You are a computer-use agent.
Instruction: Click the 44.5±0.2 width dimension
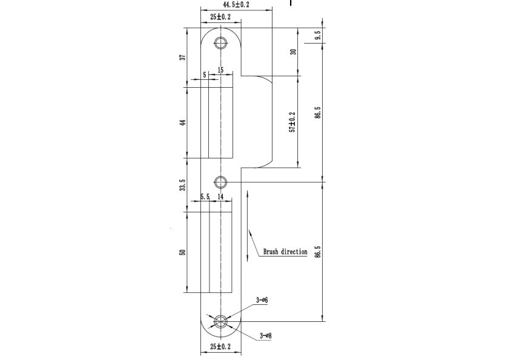[x=236, y=4]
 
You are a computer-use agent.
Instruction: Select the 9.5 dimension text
[x=319, y=35]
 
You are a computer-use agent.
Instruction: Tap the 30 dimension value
[x=293, y=51]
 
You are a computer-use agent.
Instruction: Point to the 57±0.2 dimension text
[x=292, y=122]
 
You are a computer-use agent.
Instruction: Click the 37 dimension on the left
[x=183, y=57]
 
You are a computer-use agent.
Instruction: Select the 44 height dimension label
[x=183, y=123]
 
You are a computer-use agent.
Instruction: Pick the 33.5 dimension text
[x=183, y=185]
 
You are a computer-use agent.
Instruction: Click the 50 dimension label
[x=183, y=252]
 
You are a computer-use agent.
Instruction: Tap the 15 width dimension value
[x=220, y=70]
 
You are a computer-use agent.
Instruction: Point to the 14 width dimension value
[x=220, y=197]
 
